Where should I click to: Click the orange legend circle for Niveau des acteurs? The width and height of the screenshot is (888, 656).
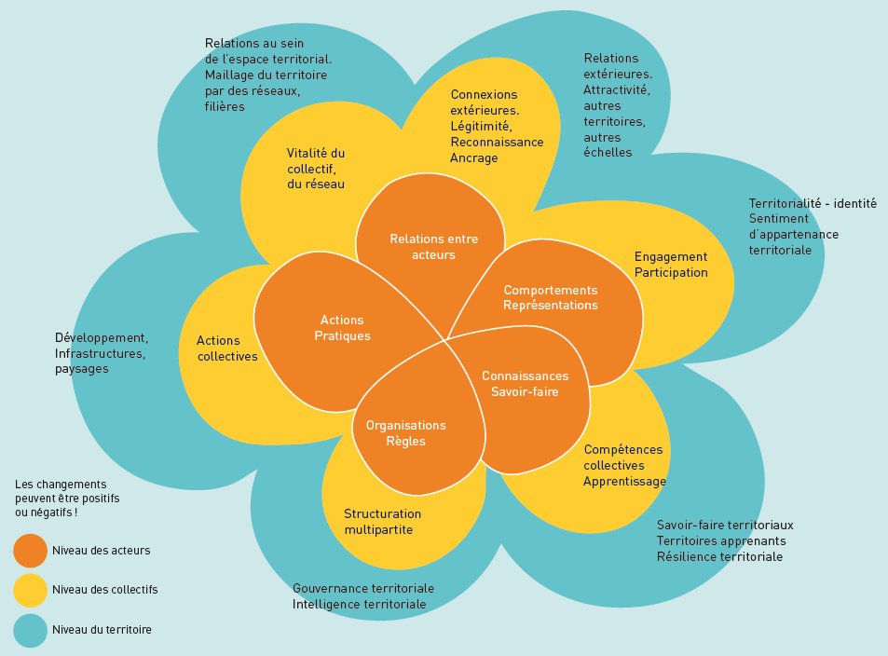coord(30,551)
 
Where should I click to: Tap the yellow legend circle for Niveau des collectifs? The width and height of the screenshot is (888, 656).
coord(30,590)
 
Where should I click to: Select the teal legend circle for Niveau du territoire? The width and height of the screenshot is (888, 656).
coord(30,630)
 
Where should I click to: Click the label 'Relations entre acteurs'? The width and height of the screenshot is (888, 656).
coord(433,247)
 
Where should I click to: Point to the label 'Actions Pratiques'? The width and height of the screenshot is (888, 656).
coord(342,328)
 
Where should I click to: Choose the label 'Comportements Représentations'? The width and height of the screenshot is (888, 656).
coord(550,297)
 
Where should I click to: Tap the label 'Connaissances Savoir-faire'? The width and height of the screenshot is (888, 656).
coord(525,384)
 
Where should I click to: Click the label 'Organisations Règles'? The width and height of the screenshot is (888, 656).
coord(405,433)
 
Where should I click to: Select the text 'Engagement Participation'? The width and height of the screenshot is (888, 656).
coord(671,265)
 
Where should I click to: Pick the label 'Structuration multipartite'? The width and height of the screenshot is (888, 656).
coord(382,522)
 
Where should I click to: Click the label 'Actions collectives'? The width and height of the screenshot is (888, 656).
coord(226,348)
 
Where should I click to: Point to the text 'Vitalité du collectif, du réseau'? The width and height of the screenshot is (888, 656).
coord(316,169)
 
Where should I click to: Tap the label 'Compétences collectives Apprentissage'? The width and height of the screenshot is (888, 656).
coord(624,465)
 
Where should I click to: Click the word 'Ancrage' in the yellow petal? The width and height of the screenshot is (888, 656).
coord(474,158)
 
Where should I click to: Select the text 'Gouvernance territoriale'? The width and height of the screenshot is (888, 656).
coord(362,589)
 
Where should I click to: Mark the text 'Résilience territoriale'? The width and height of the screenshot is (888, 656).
coord(719,557)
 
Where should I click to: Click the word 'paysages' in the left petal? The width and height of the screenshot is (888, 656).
coord(82,369)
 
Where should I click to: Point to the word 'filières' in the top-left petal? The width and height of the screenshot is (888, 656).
coord(225,107)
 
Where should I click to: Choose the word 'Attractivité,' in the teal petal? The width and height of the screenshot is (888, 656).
coord(616,90)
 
